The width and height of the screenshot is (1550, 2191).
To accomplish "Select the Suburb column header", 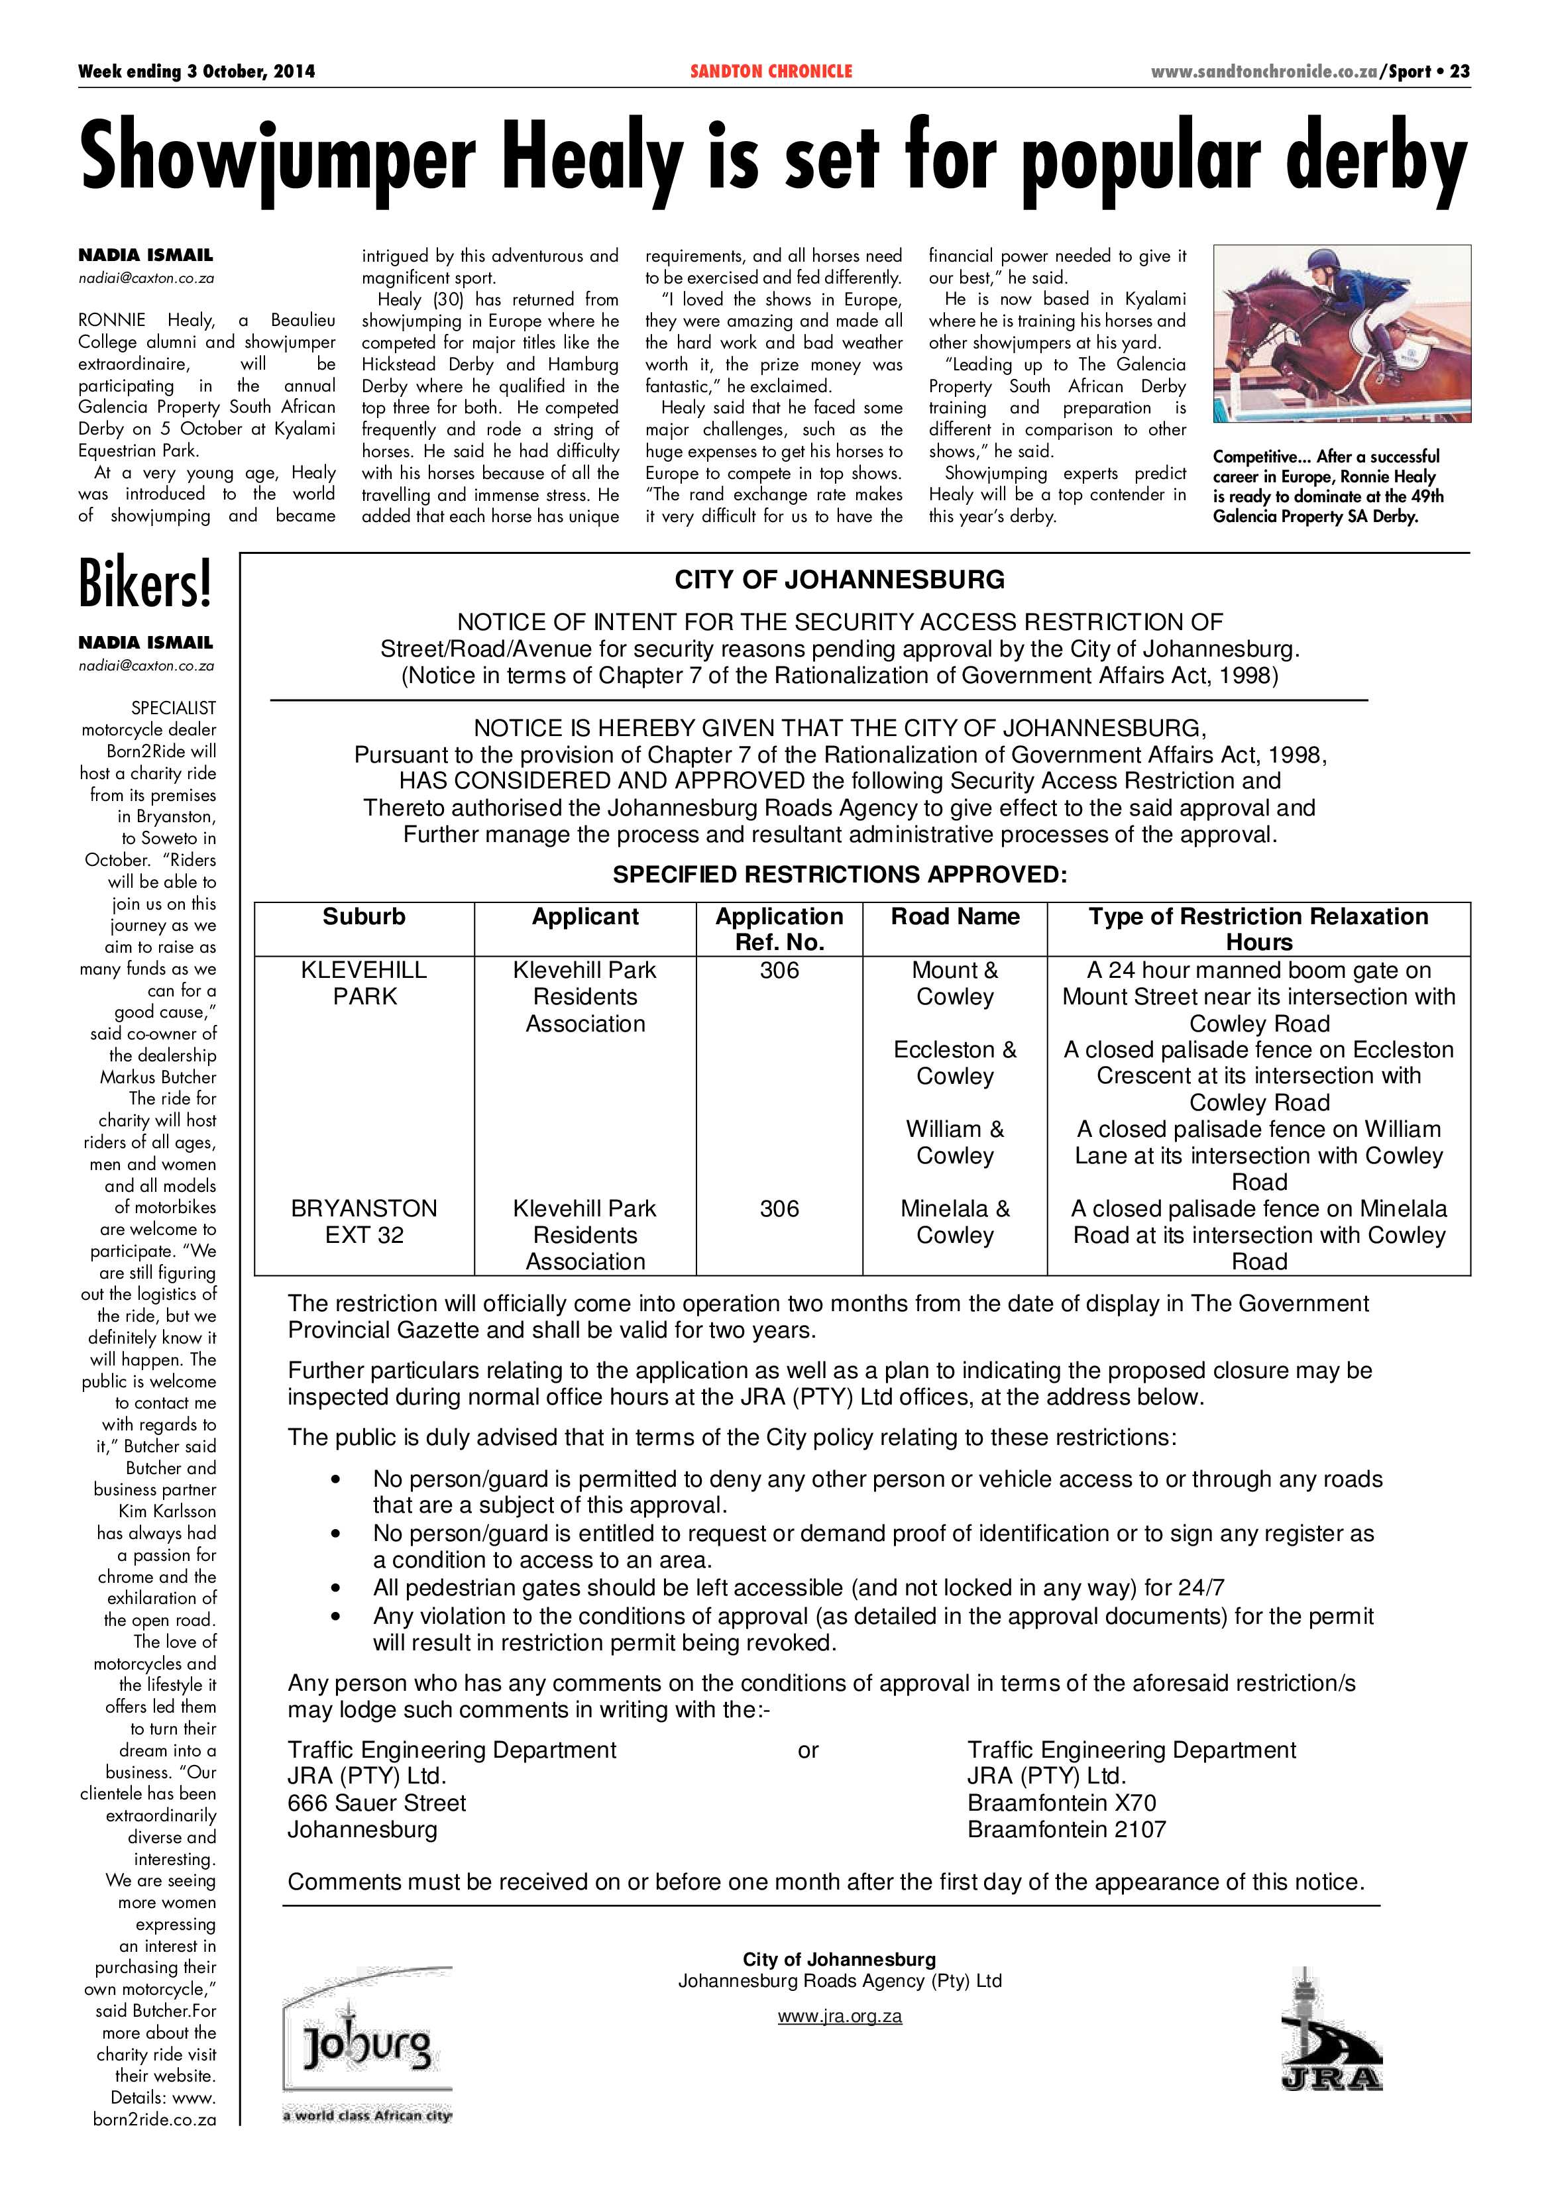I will point(364,917).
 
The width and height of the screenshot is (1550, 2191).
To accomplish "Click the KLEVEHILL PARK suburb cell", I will point(364,983).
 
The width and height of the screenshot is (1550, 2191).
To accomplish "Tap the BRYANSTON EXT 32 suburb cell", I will point(364,1222).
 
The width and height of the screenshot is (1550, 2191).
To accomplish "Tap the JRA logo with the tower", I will point(1331,2028).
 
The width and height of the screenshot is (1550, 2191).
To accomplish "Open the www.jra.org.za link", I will point(839,2016).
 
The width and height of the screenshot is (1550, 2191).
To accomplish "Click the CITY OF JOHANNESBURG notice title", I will point(839,580).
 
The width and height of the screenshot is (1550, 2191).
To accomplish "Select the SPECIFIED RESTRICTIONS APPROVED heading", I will point(839,875).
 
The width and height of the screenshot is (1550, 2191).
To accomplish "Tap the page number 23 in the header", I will point(1459,72).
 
